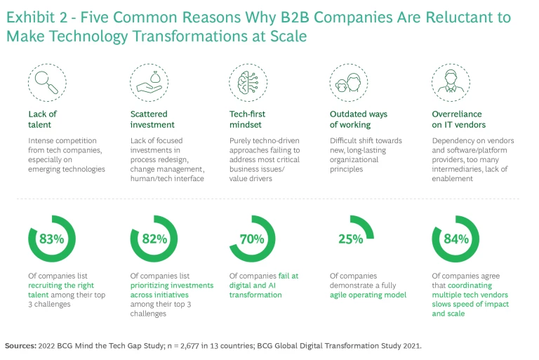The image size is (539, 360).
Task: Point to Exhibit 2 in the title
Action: (x=36, y=17)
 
